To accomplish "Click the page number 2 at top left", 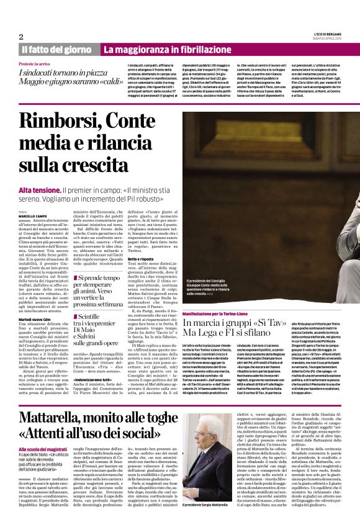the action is click(x=21, y=37).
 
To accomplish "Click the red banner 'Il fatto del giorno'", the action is click(x=56, y=49).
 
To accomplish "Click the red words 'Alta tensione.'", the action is click(x=39, y=189).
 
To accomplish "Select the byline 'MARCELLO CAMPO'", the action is click(x=32, y=215).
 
